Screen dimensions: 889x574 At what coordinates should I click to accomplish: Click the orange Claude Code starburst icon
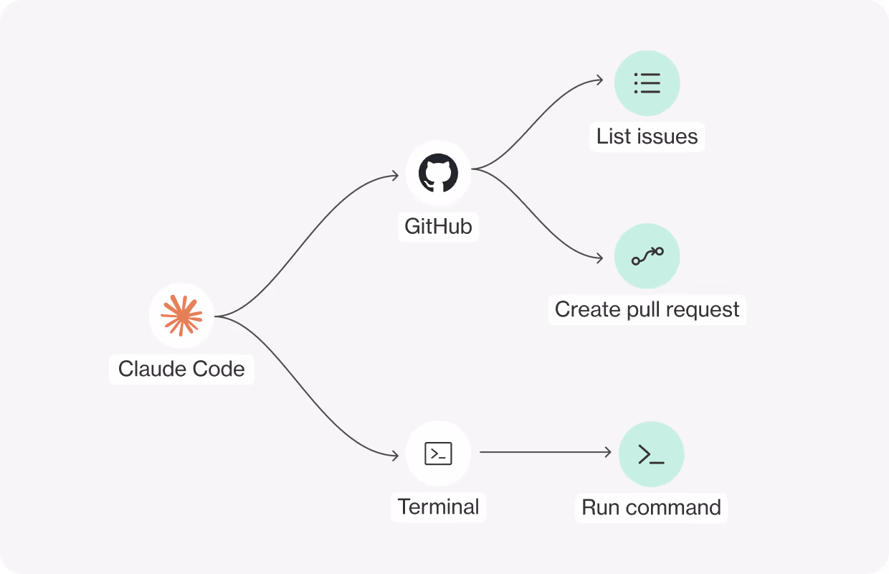tap(181, 316)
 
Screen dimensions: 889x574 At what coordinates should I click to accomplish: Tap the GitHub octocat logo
tap(438, 173)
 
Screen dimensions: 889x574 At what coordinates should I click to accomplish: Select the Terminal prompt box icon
tap(438, 453)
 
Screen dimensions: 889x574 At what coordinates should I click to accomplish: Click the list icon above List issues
tap(647, 83)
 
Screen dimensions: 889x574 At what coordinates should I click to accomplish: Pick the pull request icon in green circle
tap(647, 256)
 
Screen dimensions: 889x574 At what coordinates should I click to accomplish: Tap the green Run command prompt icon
tap(651, 454)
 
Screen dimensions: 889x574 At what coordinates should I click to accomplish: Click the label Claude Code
tap(181, 369)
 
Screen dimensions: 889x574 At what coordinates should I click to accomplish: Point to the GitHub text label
tap(438, 227)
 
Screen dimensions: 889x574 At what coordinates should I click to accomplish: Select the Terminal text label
tap(438, 507)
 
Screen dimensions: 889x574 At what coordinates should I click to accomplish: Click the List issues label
tap(647, 136)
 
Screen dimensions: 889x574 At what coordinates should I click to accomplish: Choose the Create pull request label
tap(647, 309)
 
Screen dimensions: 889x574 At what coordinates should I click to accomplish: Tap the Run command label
tap(651, 507)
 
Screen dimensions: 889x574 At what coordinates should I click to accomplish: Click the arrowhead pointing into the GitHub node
tap(395, 176)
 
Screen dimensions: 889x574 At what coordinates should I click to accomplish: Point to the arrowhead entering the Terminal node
tap(395, 455)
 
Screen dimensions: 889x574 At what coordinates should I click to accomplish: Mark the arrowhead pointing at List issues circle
tap(599, 80)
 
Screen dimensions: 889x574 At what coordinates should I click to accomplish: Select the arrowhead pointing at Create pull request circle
tap(599, 258)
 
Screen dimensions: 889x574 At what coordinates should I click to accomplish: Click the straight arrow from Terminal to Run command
tap(546, 452)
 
